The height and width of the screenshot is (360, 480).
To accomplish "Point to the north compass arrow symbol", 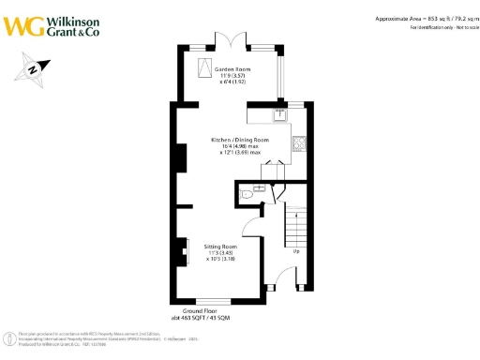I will [32, 67].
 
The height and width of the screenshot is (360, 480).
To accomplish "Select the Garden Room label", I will [230, 69].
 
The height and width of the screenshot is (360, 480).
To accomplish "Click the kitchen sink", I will [279, 116].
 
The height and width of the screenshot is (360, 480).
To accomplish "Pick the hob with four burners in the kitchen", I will [299, 143].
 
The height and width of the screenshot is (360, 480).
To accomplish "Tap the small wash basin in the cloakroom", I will [244, 192].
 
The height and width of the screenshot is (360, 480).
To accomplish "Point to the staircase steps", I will [296, 225].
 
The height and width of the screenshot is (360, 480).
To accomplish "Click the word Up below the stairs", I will [297, 251].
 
